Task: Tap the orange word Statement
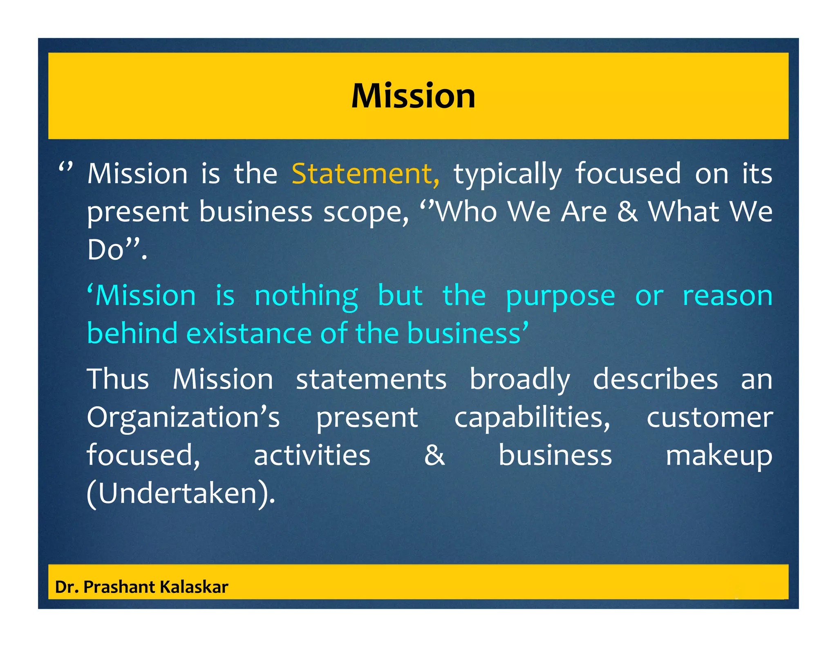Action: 362,173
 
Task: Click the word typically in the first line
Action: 508,174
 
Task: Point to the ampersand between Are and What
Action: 627,211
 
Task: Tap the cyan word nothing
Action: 306,296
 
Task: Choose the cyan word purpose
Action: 560,297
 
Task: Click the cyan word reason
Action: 727,296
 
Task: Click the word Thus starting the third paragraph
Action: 118,379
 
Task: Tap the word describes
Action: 655,379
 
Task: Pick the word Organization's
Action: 183,418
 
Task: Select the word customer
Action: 709,418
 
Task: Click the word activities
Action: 312,455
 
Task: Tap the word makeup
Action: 719,456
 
